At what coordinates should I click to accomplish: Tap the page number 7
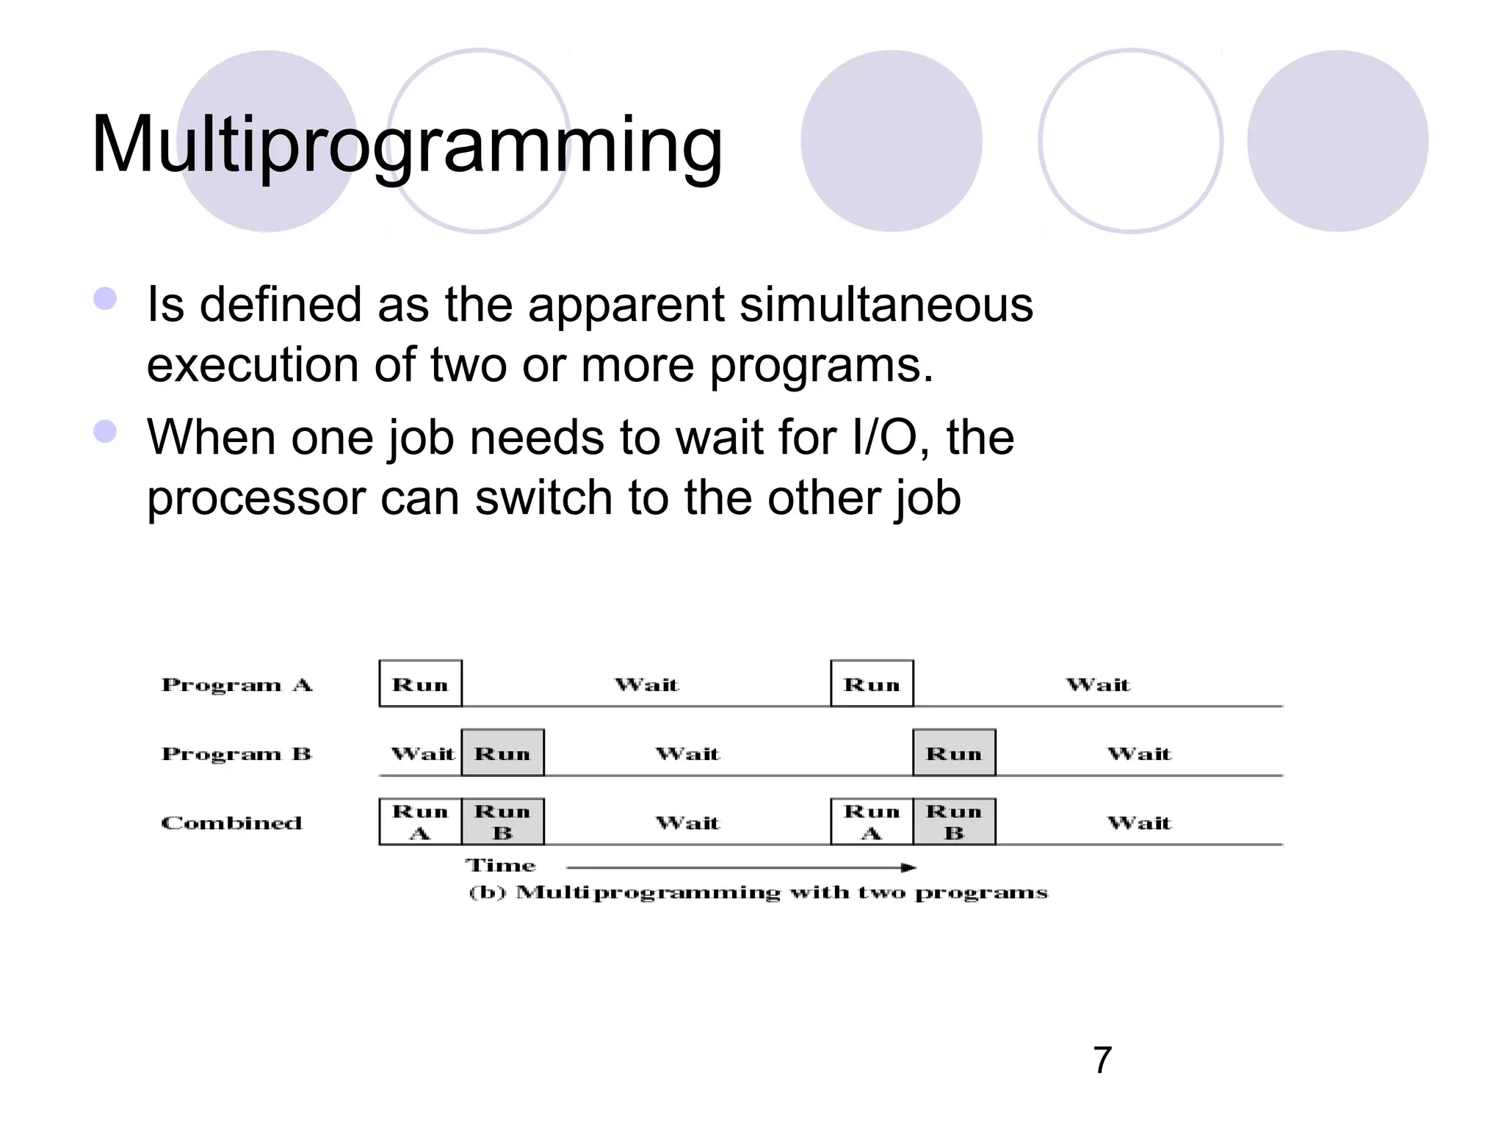tap(1102, 1060)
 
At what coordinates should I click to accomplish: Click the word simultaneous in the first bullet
tap(886, 304)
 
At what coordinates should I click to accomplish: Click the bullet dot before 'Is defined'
tap(105, 299)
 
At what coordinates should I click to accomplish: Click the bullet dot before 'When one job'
tap(105, 432)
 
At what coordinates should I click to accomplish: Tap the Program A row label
tap(236, 684)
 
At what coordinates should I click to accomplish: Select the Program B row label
tap(236, 753)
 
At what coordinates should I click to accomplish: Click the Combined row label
tap(231, 822)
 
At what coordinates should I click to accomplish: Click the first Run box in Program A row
tap(420, 684)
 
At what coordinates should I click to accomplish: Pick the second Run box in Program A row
tap(872, 684)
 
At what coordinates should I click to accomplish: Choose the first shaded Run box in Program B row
tap(502, 753)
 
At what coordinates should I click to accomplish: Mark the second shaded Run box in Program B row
tap(954, 753)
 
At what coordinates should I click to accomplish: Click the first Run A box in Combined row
tap(420, 822)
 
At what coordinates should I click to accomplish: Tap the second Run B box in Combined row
tap(954, 822)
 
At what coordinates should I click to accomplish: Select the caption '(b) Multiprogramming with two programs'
tap(758, 893)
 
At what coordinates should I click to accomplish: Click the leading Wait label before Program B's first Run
tap(422, 753)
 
